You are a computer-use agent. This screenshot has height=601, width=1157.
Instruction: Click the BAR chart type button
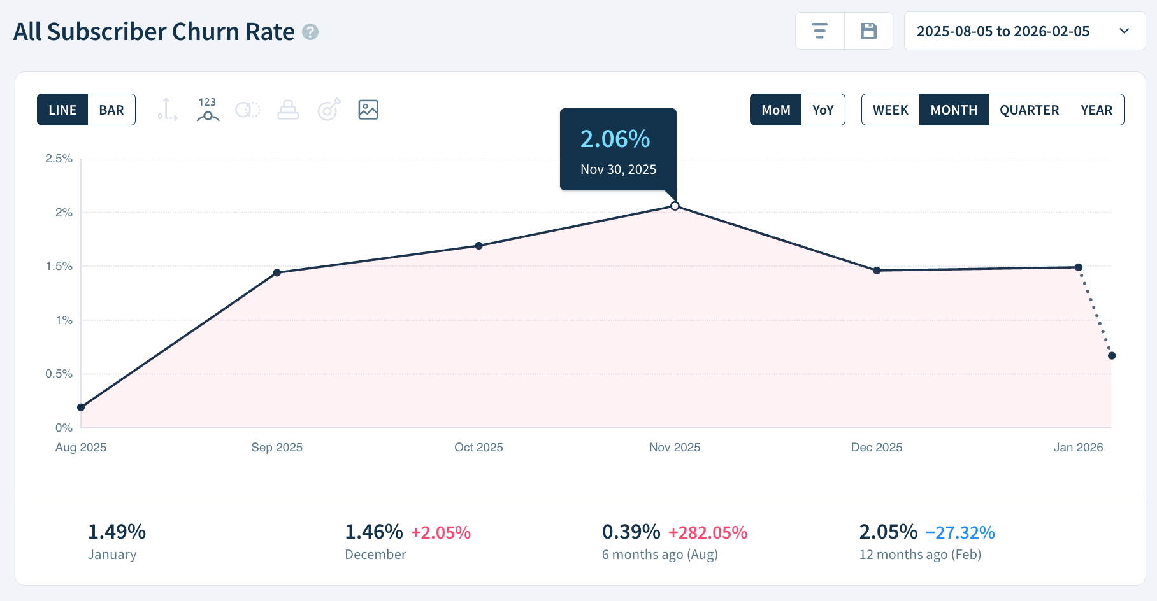point(111,110)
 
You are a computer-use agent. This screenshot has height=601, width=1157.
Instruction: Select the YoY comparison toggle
point(823,110)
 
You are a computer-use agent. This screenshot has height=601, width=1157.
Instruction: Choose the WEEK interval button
point(890,110)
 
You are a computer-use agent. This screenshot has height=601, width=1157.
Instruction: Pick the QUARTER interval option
point(1028,110)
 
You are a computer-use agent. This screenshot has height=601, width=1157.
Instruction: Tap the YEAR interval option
point(1096,110)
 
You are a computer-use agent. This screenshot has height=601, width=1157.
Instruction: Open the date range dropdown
point(1024,31)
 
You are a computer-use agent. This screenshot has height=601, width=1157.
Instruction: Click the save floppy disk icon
point(868,31)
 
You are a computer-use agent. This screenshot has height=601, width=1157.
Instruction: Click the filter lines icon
point(819,31)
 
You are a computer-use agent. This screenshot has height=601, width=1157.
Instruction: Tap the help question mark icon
point(310,32)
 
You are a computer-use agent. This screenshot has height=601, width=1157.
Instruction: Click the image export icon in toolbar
point(368,110)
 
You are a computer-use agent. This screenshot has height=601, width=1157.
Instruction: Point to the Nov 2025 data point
point(675,206)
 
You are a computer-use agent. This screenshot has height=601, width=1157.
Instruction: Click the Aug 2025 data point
point(81,407)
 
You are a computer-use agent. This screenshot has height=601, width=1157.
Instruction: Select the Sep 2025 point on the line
point(277,272)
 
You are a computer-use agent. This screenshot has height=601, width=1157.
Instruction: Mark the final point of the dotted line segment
point(1112,356)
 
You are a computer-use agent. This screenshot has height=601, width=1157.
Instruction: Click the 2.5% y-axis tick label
point(59,159)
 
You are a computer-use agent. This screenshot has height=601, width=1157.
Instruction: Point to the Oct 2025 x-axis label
point(478,448)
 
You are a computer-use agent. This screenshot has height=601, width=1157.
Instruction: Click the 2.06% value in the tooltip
point(615,139)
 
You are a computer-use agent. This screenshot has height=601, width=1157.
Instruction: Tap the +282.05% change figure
point(707,532)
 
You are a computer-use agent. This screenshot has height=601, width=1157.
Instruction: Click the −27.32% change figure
point(959,532)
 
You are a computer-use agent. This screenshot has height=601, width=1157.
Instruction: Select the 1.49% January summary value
point(117,532)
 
